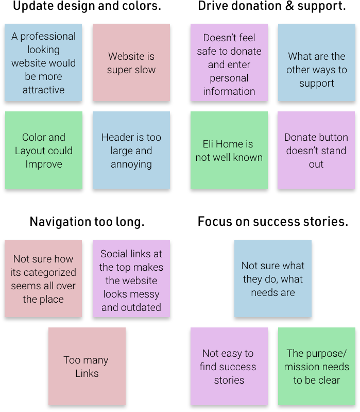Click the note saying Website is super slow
pos(131,62)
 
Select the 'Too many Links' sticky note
pos(87,366)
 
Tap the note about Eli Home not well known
pos(229,150)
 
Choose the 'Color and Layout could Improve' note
pos(43,150)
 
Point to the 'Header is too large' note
pos(131,150)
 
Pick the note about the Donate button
pos(316,150)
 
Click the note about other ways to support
pos(316,62)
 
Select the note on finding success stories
pos(229,366)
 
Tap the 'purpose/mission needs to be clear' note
pos(316,366)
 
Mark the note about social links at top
pos(131,278)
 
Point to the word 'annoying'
pos(131,164)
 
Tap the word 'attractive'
pos(43,90)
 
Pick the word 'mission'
pos(306,367)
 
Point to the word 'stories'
pos(229,381)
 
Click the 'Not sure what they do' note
pos(272,278)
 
